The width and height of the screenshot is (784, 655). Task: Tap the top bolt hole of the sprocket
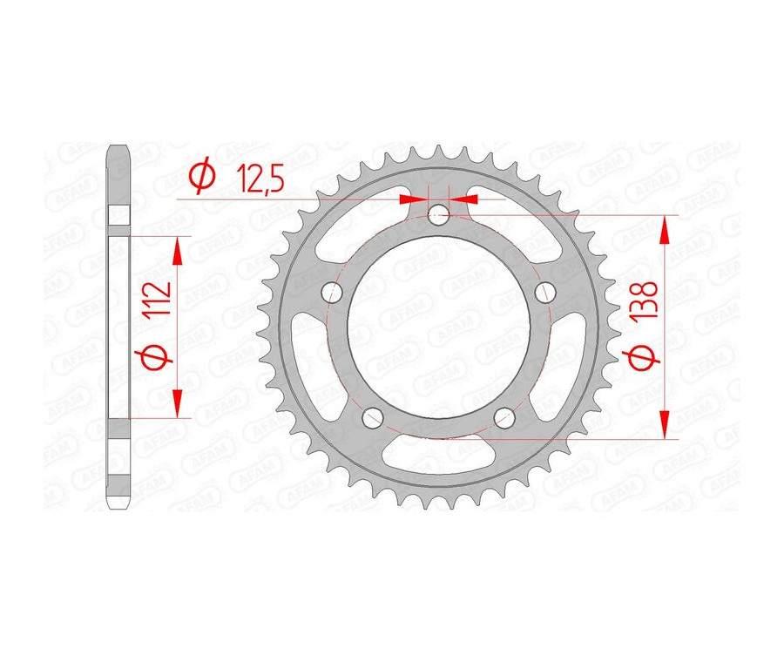(x=439, y=213)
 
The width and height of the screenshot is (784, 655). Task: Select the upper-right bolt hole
(x=546, y=290)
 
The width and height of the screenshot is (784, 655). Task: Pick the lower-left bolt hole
(x=373, y=418)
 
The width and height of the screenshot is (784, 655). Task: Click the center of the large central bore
(x=438, y=327)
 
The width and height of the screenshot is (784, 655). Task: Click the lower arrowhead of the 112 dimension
(x=179, y=403)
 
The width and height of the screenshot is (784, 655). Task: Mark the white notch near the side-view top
(x=118, y=214)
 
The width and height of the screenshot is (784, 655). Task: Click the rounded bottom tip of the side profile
(x=118, y=506)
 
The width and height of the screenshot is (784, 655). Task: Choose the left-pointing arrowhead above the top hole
(x=465, y=199)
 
